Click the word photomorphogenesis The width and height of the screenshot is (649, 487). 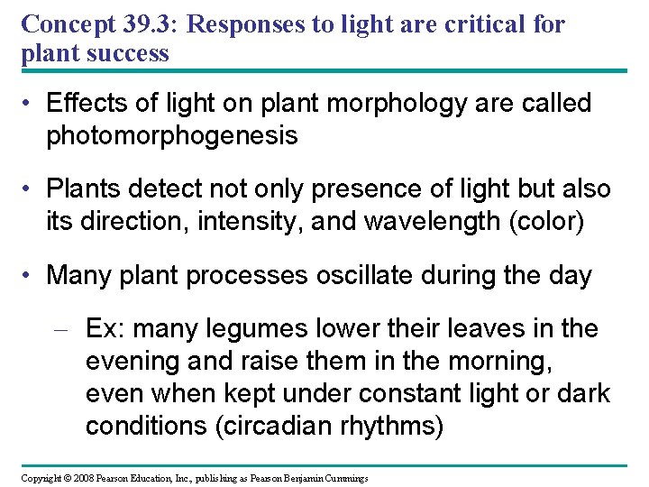click(x=171, y=135)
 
